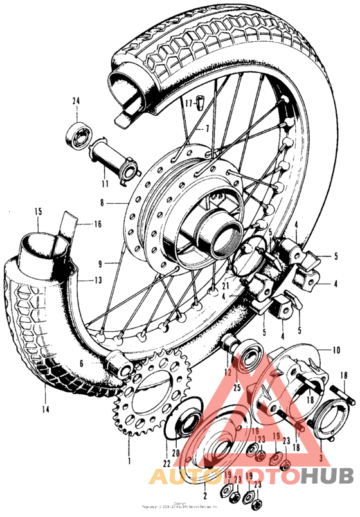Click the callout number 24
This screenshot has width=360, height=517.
pos(75,101)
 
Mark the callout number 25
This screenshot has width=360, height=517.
pos(237,388)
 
